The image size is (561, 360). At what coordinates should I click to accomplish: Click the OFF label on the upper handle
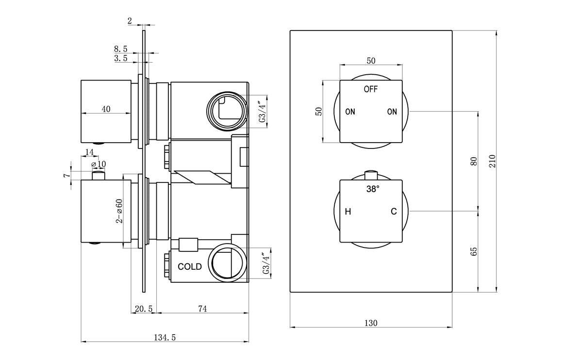(371, 89)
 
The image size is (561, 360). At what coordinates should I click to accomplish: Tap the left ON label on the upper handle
(350, 112)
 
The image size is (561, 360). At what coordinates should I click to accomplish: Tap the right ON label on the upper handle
(392, 112)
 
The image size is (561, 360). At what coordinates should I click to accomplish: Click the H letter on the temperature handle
(348, 212)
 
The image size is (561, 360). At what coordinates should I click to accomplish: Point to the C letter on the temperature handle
(394, 212)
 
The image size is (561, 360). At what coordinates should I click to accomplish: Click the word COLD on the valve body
(190, 267)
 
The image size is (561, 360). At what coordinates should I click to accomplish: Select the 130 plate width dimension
(371, 323)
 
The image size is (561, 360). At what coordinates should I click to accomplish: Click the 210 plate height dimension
(492, 161)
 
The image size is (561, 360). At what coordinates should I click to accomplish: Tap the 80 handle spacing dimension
(474, 161)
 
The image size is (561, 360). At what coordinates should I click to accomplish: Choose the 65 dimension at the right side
(474, 251)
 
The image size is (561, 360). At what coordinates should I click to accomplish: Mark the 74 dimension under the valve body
(203, 309)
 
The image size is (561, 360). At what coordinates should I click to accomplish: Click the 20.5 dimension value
(144, 309)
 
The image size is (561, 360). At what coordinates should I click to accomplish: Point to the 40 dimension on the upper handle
(106, 109)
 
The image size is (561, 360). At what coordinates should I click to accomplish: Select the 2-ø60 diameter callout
(119, 211)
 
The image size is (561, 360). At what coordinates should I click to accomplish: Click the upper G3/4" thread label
(262, 112)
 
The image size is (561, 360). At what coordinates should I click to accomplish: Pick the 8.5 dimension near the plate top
(121, 49)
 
